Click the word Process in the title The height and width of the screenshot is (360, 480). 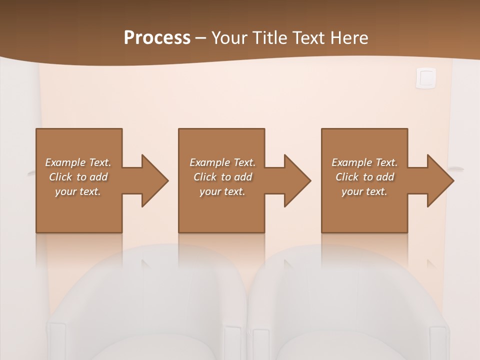[157, 37]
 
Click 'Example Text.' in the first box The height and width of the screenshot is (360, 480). [78, 162]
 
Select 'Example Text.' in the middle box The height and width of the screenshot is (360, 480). [222, 162]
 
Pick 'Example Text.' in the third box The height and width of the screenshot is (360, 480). [364, 162]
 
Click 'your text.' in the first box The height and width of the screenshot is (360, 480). [78, 191]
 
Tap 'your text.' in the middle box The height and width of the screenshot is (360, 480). [222, 191]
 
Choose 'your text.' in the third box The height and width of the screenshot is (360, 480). [364, 191]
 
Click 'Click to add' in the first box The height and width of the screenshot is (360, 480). [78, 177]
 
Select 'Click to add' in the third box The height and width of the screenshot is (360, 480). [364, 177]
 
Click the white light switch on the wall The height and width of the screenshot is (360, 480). [425, 78]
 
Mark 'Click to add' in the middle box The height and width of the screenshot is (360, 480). [222, 177]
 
